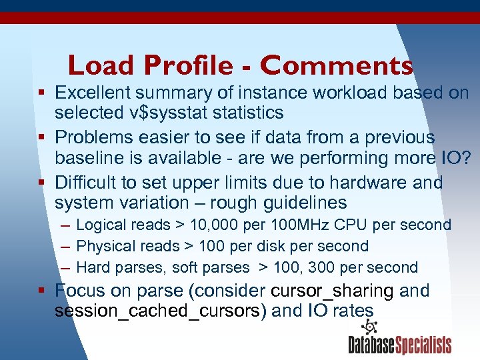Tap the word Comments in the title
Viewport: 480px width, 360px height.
[337, 65]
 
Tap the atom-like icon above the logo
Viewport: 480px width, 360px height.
[369, 327]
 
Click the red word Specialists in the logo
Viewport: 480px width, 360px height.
[423, 345]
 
